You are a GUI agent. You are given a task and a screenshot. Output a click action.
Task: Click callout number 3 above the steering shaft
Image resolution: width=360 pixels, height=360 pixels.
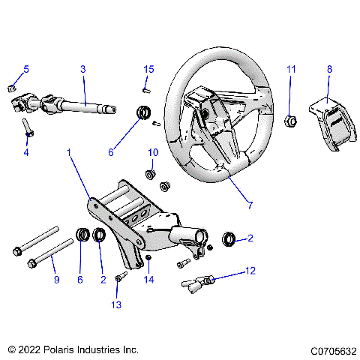point(83,69)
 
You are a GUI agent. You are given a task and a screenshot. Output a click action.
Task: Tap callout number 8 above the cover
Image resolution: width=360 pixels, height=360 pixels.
point(328,69)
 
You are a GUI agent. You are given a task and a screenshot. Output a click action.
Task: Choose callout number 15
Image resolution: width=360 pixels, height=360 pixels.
point(148,69)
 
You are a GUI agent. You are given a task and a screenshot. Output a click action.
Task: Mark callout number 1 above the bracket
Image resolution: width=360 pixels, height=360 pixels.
point(70,152)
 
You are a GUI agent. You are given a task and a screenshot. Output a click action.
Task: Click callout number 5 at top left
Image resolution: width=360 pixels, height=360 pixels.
point(26,69)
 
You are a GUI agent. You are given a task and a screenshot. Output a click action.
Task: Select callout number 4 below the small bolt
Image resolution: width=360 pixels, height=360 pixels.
point(26,152)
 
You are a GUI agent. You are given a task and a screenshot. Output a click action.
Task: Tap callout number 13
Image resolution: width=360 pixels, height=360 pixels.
point(117,305)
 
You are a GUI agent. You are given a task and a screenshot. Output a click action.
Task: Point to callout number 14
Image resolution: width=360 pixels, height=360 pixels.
point(148,280)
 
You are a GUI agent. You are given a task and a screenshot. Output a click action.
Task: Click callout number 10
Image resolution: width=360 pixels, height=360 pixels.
point(152,152)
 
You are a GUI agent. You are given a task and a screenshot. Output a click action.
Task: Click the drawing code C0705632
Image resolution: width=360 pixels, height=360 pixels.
point(328,349)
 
